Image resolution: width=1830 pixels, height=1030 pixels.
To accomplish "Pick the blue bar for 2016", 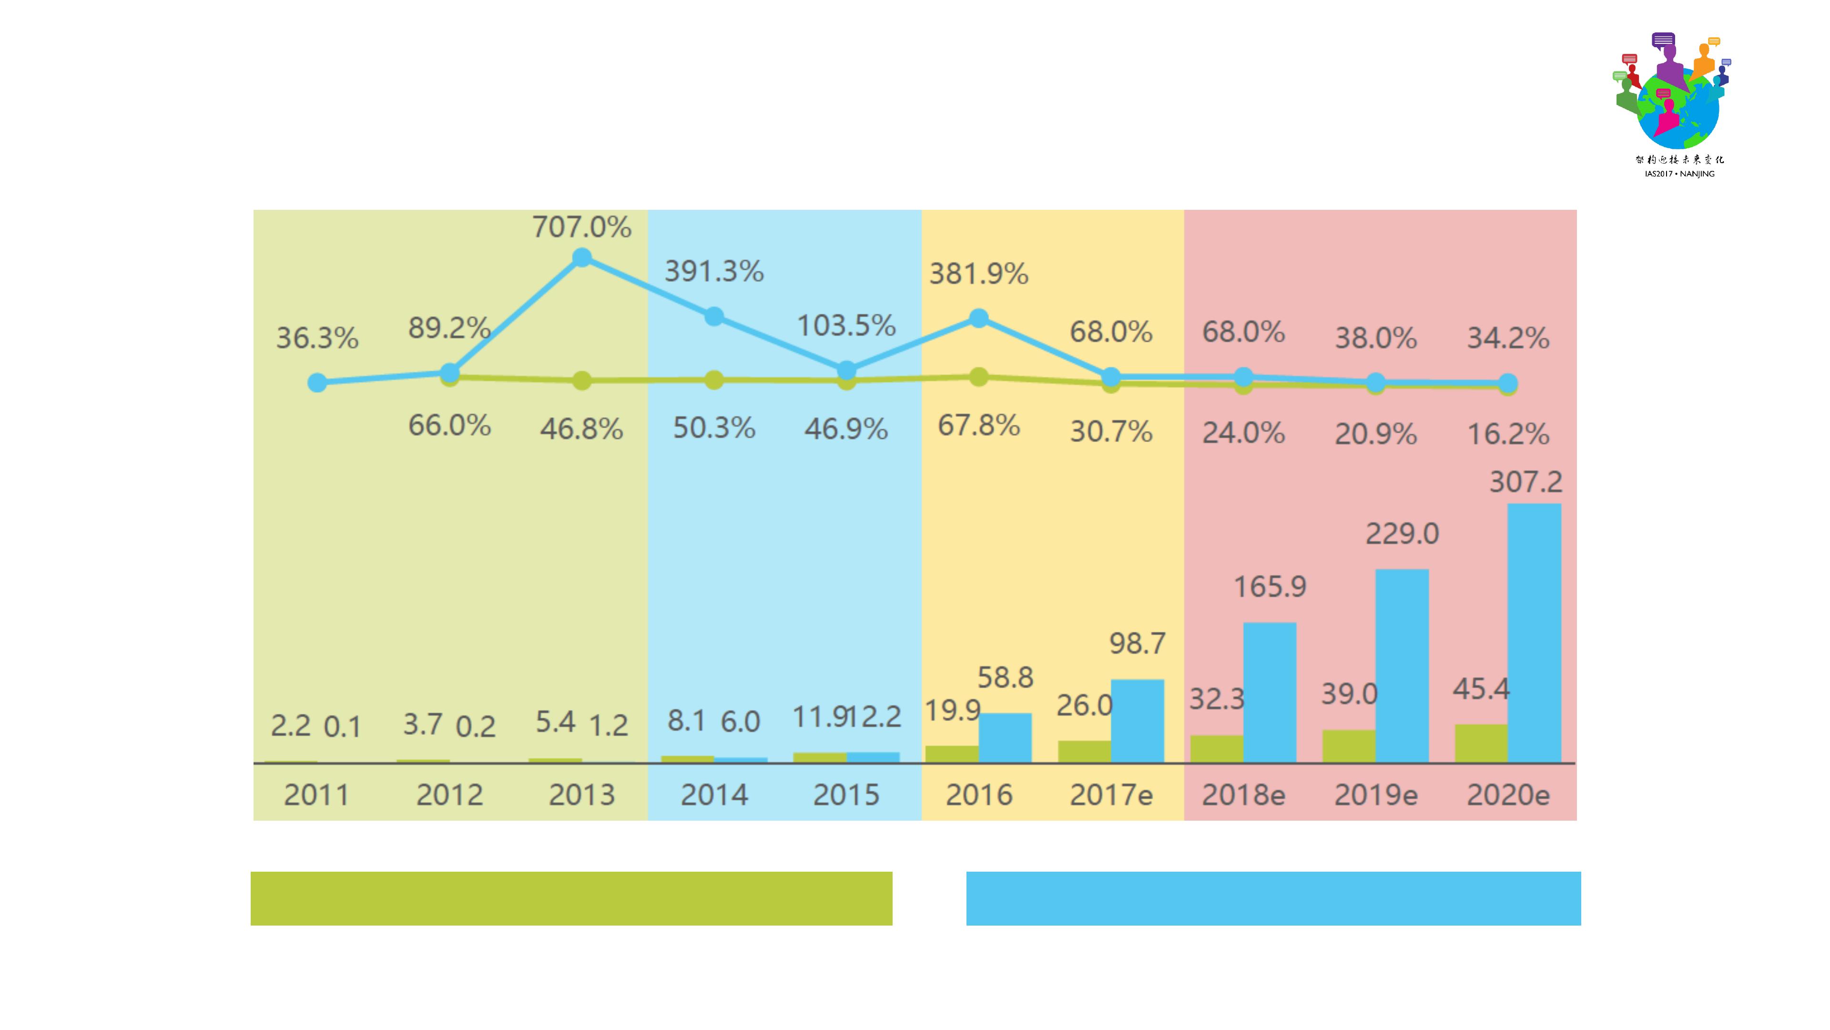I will tap(1005, 737).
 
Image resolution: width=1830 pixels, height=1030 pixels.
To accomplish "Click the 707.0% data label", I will tap(582, 227).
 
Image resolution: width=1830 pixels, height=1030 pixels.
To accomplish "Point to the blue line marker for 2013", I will tap(582, 257).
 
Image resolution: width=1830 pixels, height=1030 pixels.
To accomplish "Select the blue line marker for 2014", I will tap(714, 316).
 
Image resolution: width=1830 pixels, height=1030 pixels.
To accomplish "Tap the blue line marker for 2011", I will tap(317, 383).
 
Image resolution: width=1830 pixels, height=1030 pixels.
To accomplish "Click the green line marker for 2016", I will tap(979, 377).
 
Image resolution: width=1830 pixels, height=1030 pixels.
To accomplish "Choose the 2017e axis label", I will tap(1111, 795).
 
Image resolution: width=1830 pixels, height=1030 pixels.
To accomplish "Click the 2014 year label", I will tap(714, 795).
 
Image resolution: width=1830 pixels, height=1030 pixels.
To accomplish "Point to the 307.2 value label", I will tap(1525, 483).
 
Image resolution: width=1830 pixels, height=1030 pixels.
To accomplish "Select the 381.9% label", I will tap(979, 274).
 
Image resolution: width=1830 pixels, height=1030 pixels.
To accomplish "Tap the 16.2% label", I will tap(1508, 433).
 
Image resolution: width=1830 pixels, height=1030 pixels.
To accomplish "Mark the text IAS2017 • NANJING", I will tap(1679, 174).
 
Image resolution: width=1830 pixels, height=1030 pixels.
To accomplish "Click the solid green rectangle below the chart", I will tap(571, 898).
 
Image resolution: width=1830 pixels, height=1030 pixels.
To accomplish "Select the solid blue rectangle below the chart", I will tap(1273, 898).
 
